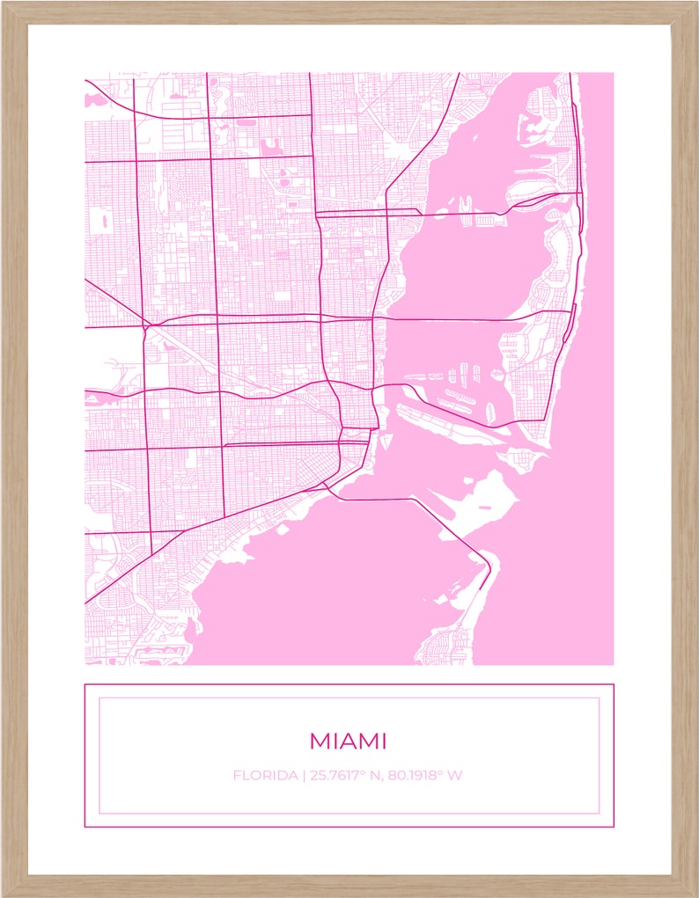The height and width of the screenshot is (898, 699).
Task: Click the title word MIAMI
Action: click(348, 741)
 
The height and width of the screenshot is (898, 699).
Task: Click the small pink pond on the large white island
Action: click(483, 508)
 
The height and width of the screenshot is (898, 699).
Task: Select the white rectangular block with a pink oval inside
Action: click(104, 220)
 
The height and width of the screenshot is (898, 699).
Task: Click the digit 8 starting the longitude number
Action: click(393, 776)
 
